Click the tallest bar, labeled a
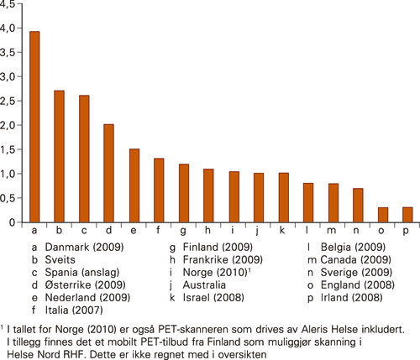[x=34, y=127]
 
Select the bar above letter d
[x=108, y=173]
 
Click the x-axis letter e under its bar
[x=133, y=230]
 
